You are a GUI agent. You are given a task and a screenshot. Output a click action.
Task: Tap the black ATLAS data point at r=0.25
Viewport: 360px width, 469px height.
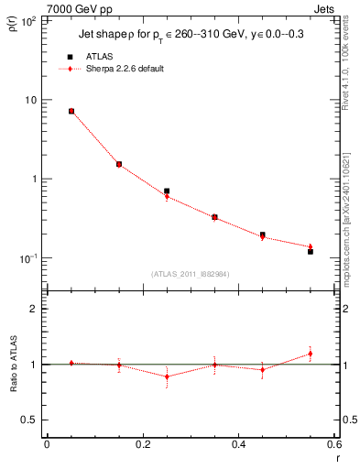(x=167, y=191)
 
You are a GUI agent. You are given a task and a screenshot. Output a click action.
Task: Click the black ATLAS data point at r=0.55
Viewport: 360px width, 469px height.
(x=311, y=251)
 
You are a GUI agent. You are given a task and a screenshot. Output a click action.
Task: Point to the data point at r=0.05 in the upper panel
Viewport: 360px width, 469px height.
(x=71, y=111)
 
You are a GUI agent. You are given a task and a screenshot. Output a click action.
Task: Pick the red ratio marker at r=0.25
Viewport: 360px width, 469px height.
(x=167, y=376)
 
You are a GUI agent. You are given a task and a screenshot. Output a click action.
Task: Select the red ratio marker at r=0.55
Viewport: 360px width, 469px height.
(x=311, y=354)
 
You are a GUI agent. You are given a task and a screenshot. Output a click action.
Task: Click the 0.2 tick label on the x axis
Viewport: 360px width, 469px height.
(x=142, y=444)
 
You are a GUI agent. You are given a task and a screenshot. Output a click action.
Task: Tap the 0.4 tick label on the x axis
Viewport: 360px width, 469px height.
(x=238, y=444)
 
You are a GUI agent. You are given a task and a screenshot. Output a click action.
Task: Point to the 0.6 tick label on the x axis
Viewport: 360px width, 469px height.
(x=333, y=444)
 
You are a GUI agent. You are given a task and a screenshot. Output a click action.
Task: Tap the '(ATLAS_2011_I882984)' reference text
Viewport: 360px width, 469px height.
(x=191, y=273)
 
